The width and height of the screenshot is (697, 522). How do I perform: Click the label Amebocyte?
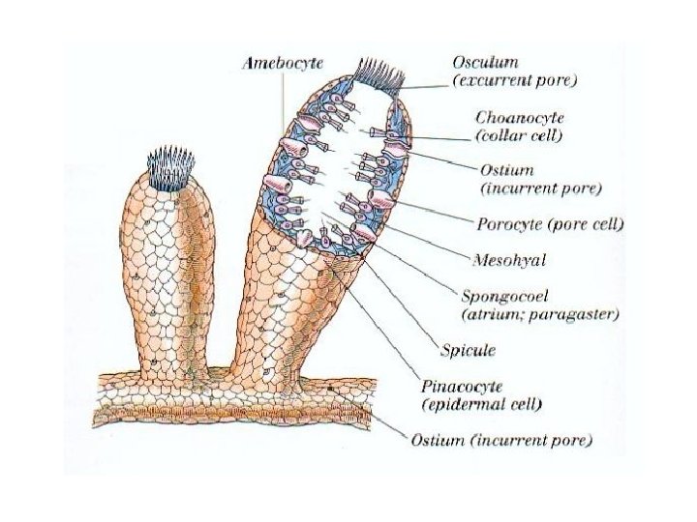coord(282,63)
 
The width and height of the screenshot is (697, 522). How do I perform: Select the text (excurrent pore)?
coord(514,80)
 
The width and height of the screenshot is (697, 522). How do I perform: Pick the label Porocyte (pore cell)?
coord(550,224)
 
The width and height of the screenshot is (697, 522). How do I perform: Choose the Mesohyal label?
coord(510,260)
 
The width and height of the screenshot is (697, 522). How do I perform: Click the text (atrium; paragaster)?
coord(537,314)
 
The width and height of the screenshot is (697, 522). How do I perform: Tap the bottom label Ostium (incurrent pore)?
coord(501,440)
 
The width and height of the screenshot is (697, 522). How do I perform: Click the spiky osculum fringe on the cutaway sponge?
coord(377,72)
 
